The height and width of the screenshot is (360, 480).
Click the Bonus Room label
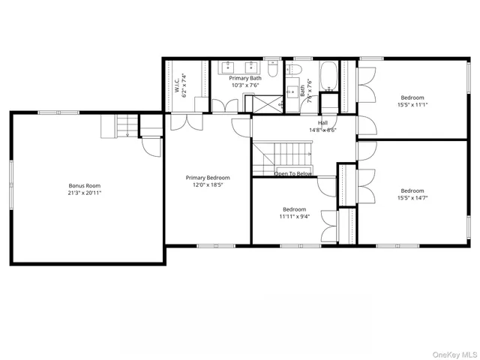pyautogui.click(x=85, y=185)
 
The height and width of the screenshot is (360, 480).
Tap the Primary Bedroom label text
pyautogui.click(x=208, y=178)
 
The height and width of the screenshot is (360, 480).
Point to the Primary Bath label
pyautogui.click(x=245, y=78)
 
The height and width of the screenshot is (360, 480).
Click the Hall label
pyautogui.click(x=322, y=123)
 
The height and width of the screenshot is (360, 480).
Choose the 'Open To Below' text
pyautogui.click(x=293, y=174)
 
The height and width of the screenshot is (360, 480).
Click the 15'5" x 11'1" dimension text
pyautogui.click(x=412, y=105)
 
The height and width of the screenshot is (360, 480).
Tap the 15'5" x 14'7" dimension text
pyautogui.click(x=412, y=199)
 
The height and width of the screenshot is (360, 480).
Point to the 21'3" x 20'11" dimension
pyautogui.click(x=85, y=193)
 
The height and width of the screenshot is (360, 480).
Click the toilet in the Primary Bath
pyautogui.click(x=274, y=70)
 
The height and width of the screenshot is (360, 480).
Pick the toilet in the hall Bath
pyautogui.click(x=294, y=70)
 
